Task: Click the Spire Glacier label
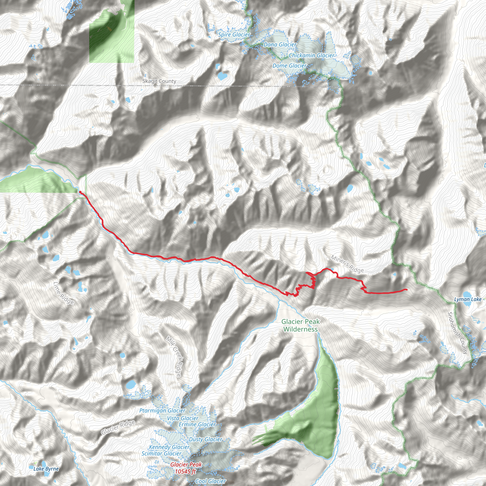click(x=234, y=35)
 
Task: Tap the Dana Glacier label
click(x=280, y=45)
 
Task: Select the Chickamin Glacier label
click(x=311, y=55)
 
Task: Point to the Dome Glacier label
click(x=290, y=66)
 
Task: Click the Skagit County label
click(x=159, y=81)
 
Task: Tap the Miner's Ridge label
click(x=347, y=264)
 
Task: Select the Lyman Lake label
click(x=468, y=299)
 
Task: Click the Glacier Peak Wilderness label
click(x=300, y=325)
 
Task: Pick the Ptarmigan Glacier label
click(x=162, y=411)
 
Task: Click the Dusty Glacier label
click(x=205, y=439)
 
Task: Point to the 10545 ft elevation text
click(x=185, y=472)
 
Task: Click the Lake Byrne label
click(x=46, y=469)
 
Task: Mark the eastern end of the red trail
click(x=407, y=290)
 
